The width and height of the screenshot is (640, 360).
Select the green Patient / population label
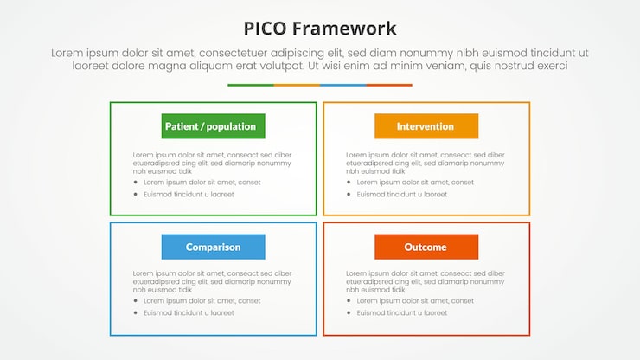click(x=213, y=126)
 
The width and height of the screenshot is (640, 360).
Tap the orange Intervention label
click(x=426, y=126)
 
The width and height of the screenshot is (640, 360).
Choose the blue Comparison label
click(x=213, y=247)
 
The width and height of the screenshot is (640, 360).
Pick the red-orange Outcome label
click(x=426, y=247)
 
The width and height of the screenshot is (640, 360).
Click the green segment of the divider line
click(x=251, y=85)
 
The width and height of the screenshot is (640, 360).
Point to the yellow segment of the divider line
click(x=297, y=85)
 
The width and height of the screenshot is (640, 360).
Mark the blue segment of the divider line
click(x=342, y=85)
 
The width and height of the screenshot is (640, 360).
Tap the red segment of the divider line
click(x=389, y=85)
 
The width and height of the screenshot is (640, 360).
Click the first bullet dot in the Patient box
click(x=136, y=183)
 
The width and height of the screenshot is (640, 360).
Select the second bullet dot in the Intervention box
click(x=349, y=195)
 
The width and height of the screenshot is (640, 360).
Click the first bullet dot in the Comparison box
click(x=136, y=301)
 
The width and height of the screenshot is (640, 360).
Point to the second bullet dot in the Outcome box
click(x=349, y=313)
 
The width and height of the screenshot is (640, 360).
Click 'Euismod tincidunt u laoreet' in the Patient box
click(x=189, y=195)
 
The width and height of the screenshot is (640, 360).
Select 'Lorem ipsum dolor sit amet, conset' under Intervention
click(x=415, y=183)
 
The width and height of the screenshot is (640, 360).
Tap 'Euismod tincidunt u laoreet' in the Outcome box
click(x=401, y=313)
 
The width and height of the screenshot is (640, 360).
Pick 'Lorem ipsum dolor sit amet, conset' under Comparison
click(x=202, y=301)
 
